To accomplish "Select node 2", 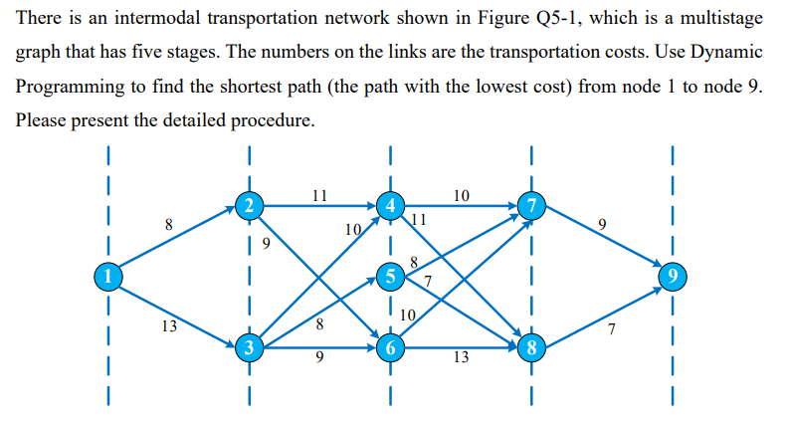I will click(250, 206).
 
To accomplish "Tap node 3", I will click(250, 347).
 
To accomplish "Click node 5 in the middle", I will click(392, 275).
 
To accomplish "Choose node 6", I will click(392, 348).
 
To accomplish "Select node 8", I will click(533, 348).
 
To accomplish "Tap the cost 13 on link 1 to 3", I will click(170, 323).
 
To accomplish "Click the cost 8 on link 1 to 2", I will click(169, 226).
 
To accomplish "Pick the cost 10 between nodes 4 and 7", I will click(461, 195).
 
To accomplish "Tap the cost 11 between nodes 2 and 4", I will click(319, 195).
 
